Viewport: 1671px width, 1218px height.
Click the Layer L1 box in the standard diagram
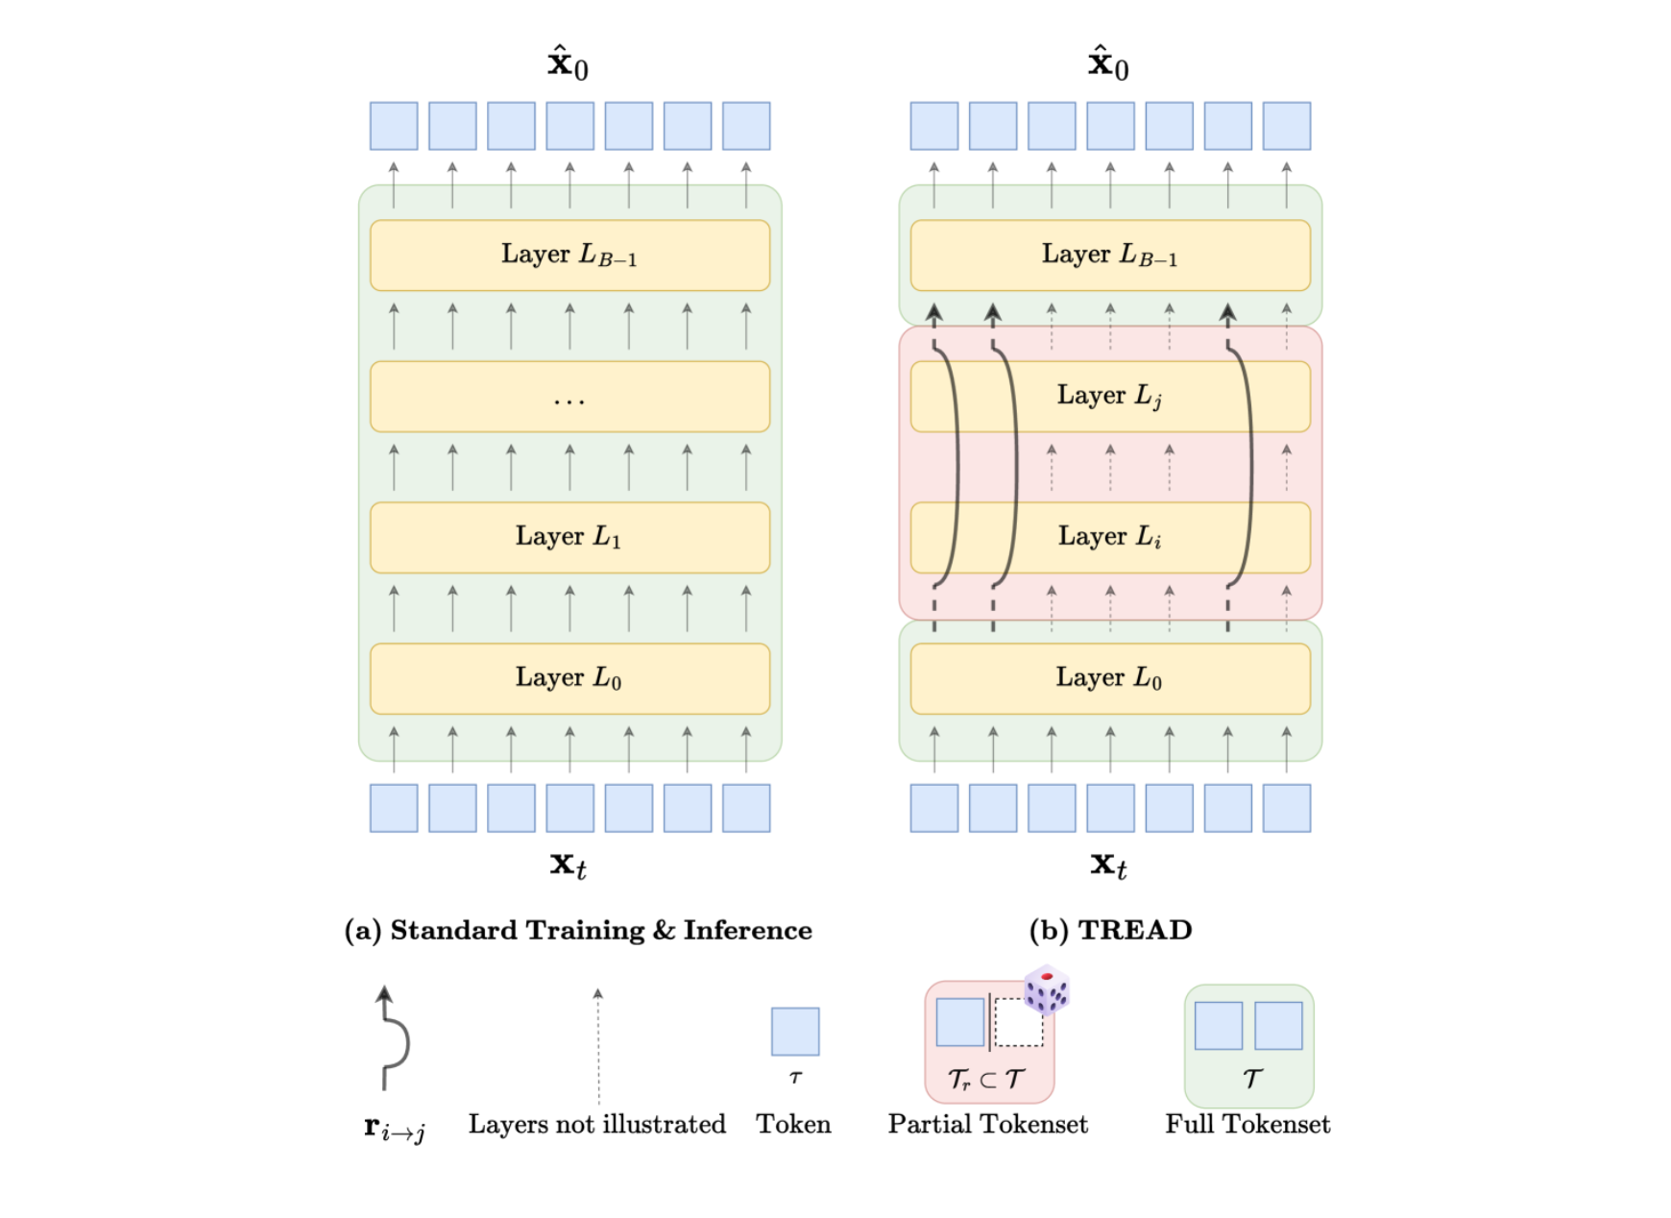point(569,537)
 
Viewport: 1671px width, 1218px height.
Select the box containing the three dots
point(569,397)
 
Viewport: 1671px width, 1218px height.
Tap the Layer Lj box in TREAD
point(1110,396)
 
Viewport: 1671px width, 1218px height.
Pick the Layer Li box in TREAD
point(1110,537)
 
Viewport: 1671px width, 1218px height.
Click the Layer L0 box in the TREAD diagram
point(1110,678)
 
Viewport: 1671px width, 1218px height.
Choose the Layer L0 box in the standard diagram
point(569,678)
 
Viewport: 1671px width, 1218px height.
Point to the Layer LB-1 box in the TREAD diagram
point(1110,256)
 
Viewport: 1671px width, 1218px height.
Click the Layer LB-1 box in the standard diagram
point(569,256)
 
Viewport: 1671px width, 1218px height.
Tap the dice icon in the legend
point(1046,989)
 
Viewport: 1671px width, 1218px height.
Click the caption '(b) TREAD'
point(1110,930)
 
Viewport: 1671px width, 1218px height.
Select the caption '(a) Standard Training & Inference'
point(578,930)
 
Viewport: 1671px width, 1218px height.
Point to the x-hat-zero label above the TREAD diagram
point(1108,63)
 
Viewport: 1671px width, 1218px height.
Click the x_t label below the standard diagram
point(569,865)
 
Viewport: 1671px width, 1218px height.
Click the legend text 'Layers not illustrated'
point(596,1124)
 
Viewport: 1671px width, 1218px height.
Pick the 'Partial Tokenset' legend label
point(987,1124)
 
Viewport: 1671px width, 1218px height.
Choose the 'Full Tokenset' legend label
point(1247,1124)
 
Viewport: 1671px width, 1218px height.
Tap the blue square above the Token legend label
point(795,1032)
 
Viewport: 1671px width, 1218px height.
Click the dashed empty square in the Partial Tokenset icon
point(1018,1022)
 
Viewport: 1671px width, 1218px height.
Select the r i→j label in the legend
point(395,1128)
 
